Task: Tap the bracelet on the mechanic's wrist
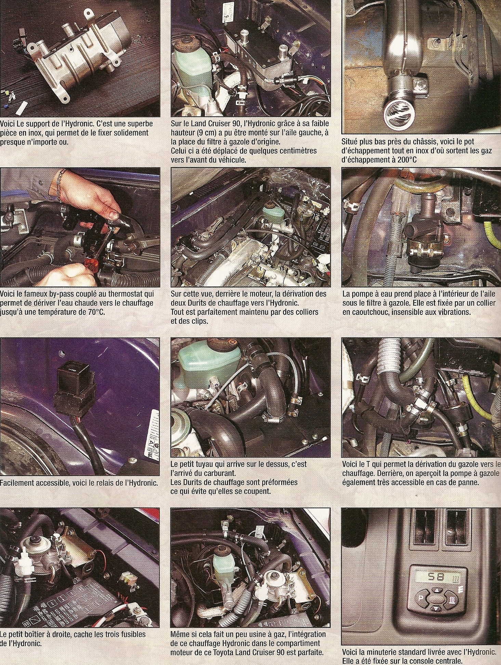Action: (x=61, y=185)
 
